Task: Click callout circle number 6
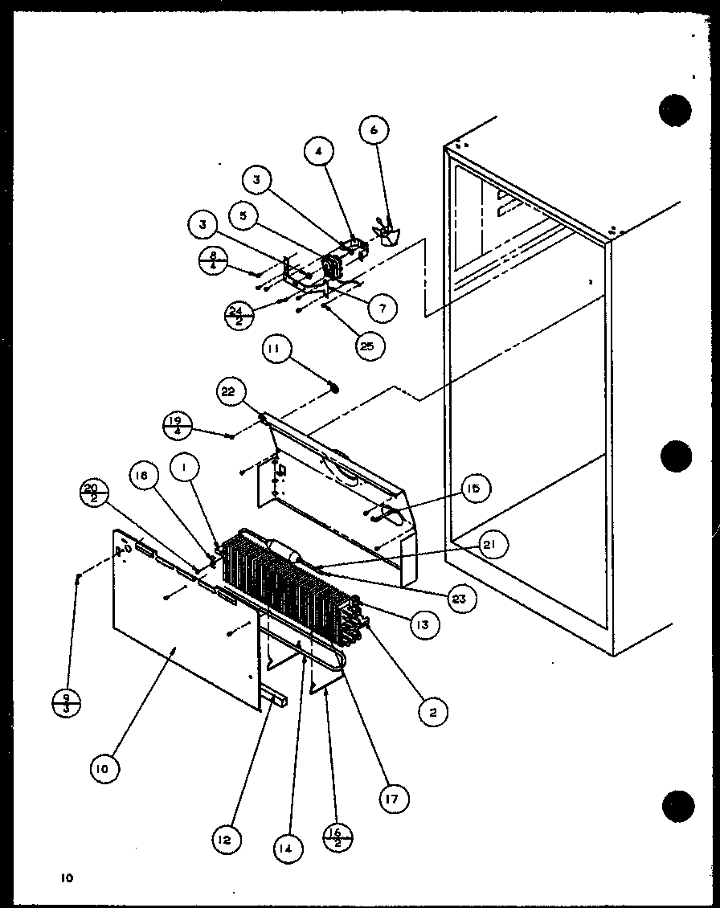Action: click(x=374, y=129)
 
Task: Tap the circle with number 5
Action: click(x=243, y=215)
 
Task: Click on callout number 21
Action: click(x=489, y=545)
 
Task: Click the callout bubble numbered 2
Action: click(x=433, y=710)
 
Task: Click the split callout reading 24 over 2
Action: click(x=239, y=316)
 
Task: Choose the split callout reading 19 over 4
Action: click(x=177, y=425)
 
